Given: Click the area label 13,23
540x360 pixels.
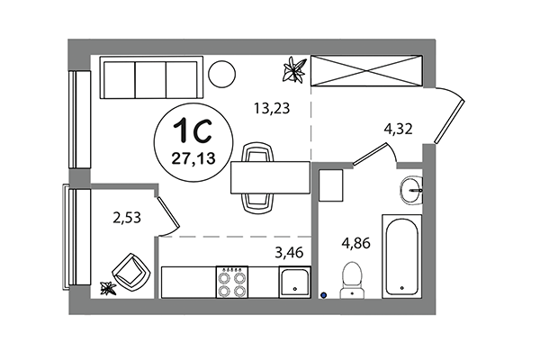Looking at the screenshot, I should click(x=270, y=111).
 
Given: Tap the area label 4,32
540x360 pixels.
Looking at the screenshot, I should click(x=398, y=128).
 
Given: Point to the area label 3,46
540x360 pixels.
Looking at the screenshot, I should click(x=288, y=251).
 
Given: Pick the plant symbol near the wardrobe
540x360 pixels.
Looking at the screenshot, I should click(x=293, y=68).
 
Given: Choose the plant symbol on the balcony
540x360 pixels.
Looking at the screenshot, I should click(x=110, y=288).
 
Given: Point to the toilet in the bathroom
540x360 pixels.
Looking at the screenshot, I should click(x=351, y=277).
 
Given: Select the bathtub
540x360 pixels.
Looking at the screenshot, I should click(x=400, y=256).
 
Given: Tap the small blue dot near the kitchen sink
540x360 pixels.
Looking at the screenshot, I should click(x=323, y=292).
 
